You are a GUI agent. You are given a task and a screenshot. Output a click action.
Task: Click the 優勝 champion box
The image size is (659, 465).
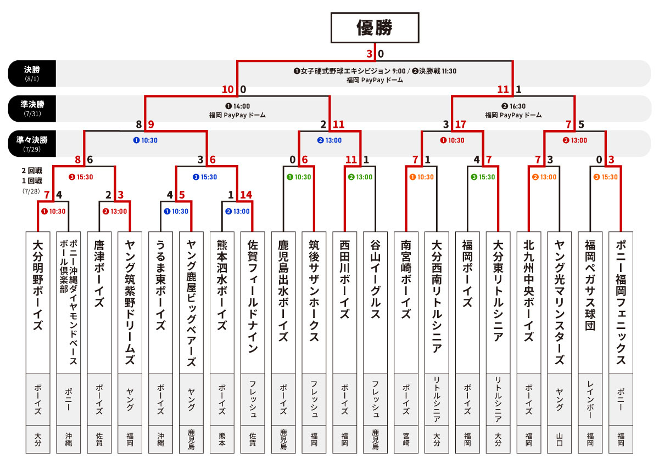pos(375,27)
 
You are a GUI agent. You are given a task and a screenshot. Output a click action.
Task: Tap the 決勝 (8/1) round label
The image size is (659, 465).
pos(32,73)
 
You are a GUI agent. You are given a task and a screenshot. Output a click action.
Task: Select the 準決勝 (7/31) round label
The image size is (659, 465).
pos(32,109)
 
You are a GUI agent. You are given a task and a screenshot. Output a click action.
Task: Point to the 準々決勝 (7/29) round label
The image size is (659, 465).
pos(32,144)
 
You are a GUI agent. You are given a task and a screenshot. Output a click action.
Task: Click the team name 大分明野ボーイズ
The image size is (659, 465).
pos(38,285)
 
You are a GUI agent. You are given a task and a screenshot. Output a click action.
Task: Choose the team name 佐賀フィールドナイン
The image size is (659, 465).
pos(253,297)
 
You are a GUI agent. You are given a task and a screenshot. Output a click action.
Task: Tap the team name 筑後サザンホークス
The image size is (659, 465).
pos(314,291)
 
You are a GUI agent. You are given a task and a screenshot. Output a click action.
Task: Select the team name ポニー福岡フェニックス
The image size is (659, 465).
pos(621,303)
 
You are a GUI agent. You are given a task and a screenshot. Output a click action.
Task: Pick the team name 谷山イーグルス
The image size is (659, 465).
pos(376,279)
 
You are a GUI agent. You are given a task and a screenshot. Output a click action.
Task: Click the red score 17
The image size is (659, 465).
pos(460,124)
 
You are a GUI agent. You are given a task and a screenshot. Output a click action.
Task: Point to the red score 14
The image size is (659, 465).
pos(246,195)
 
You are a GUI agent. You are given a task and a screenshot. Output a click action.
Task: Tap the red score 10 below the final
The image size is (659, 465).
pos(228,89)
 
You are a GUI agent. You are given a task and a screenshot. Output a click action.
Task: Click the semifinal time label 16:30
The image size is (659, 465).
pos(513,106)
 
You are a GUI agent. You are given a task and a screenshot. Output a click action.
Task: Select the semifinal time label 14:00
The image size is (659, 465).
pos(237,106)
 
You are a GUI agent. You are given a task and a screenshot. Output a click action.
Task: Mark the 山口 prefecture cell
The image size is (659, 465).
pos(559,439)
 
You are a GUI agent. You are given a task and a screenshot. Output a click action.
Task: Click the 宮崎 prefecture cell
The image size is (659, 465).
pos(406,439)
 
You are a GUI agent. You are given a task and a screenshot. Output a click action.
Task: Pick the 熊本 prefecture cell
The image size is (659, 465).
pos(222,439)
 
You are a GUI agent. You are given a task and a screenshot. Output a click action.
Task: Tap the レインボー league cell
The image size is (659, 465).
pos(590,399)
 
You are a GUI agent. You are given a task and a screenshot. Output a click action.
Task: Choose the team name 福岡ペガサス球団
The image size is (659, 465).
pos(590,285)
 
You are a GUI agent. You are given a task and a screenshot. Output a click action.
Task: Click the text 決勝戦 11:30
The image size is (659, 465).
pos(434,71)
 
